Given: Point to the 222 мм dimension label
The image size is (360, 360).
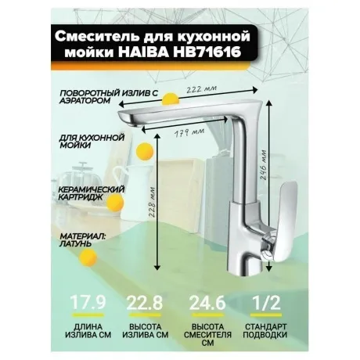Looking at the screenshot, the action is (x=201, y=89).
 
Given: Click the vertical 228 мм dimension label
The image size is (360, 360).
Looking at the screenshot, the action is (x=153, y=201).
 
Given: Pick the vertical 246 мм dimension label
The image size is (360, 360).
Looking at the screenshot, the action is (x=264, y=164).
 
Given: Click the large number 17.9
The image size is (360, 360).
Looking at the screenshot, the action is (x=88, y=303).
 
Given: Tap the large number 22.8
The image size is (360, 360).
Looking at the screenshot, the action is (x=144, y=303).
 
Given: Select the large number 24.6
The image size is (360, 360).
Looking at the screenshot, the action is (x=207, y=303).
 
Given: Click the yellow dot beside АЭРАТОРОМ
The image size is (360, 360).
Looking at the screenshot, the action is (x=170, y=99).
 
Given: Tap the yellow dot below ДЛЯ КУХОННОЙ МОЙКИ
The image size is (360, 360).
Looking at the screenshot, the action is (x=146, y=151).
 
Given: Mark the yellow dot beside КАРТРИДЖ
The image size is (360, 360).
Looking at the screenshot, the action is (x=116, y=203).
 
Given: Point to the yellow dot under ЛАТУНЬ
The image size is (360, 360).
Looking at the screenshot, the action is (x=88, y=257).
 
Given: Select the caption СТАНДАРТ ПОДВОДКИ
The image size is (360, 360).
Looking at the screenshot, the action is (x=266, y=331).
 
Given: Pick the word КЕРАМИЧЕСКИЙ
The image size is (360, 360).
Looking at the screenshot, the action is (x=92, y=189).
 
